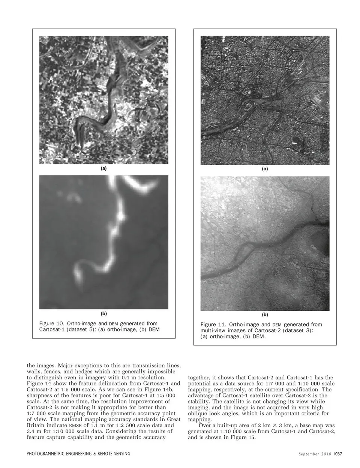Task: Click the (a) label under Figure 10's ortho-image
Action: point(103,169)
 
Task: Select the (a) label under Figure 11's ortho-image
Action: point(265,169)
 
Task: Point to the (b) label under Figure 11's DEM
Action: point(265,315)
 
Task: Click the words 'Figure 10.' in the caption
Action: point(52,323)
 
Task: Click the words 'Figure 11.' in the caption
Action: point(213,324)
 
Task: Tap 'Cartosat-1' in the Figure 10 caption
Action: point(52,330)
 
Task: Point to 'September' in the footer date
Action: point(308,454)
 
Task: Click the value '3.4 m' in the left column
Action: point(34,431)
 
